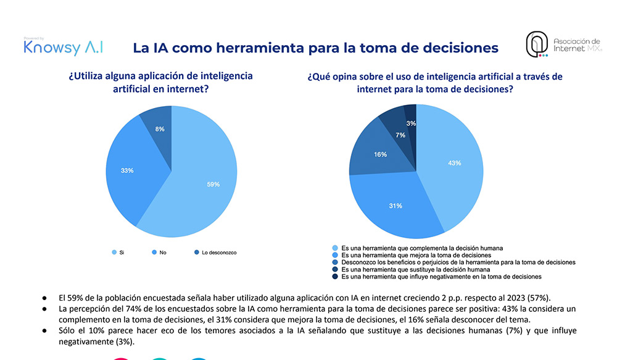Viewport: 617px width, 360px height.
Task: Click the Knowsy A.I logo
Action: coord(64,47)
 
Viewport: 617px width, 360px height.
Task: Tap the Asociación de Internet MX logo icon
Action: coord(537,44)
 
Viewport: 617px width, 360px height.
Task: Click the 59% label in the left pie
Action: coord(213,185)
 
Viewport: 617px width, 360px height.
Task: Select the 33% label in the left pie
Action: coord(127,170)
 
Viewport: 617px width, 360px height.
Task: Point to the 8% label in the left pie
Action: coord(160,129)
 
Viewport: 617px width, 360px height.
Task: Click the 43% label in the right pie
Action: coord(455,163)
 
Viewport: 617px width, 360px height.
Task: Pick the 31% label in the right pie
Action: coord(395,206)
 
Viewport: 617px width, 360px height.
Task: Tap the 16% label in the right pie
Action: coord(381,154)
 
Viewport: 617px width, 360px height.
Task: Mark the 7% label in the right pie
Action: coord(400,135)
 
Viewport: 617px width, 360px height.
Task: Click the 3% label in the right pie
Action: coord(411,123)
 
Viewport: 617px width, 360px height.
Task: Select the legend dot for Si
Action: coord(114,253)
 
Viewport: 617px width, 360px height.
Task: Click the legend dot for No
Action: coord(154,253)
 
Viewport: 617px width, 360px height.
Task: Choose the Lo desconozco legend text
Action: coord(219,253)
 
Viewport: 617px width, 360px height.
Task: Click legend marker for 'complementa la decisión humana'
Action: coord(335,248)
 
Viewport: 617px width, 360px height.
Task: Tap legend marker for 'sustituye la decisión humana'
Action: coord(335,269)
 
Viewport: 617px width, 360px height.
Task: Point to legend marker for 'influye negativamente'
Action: coord(335,277)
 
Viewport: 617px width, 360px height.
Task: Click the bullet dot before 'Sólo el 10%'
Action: coord(44,331)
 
